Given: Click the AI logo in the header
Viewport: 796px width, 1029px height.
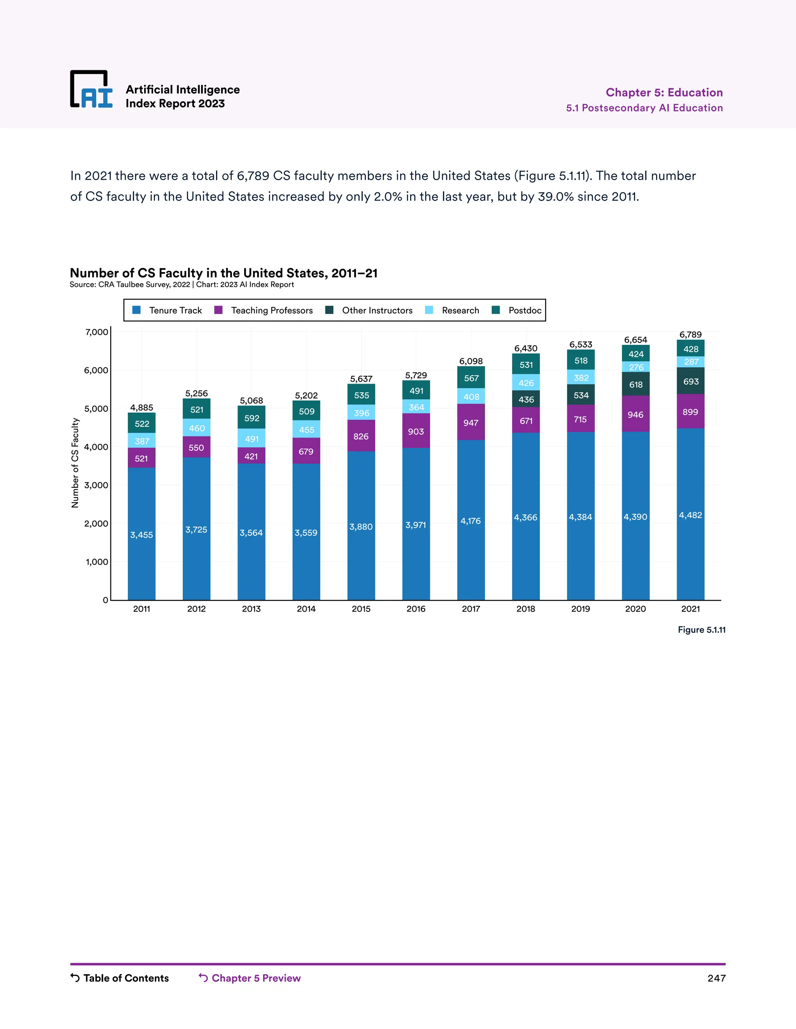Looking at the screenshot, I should tap(91, 90).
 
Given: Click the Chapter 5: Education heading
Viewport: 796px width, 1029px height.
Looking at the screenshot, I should tap(664, 92).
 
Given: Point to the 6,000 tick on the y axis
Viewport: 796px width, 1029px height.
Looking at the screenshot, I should tap(96, 370).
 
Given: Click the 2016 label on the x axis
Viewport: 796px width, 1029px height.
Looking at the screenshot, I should tap(416, 609).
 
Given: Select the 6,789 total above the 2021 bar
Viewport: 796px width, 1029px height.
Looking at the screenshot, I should tap(690, 334).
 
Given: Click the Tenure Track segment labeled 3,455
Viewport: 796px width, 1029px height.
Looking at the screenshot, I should tap(141, 535).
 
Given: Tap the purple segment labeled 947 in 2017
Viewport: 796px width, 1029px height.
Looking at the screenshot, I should tap(471, 422).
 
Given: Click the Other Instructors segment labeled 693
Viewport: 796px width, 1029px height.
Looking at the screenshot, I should tap(691, 381).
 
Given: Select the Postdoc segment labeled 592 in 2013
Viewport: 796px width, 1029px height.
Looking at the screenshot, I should tap(251, 418).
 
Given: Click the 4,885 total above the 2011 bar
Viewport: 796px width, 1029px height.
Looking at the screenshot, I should tap(141, 408).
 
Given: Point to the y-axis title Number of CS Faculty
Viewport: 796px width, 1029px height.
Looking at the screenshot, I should tap(75, 463).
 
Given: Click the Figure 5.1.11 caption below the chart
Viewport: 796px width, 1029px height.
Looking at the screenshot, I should tap(701, 630).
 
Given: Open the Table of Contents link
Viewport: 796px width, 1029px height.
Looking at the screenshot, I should tap(126, 978).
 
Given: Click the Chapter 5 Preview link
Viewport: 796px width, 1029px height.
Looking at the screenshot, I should tap(256, 978).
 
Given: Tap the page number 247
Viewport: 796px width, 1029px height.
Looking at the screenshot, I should tap(716, 978).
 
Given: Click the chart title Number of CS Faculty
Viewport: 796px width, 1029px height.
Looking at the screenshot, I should tap(223, 273).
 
